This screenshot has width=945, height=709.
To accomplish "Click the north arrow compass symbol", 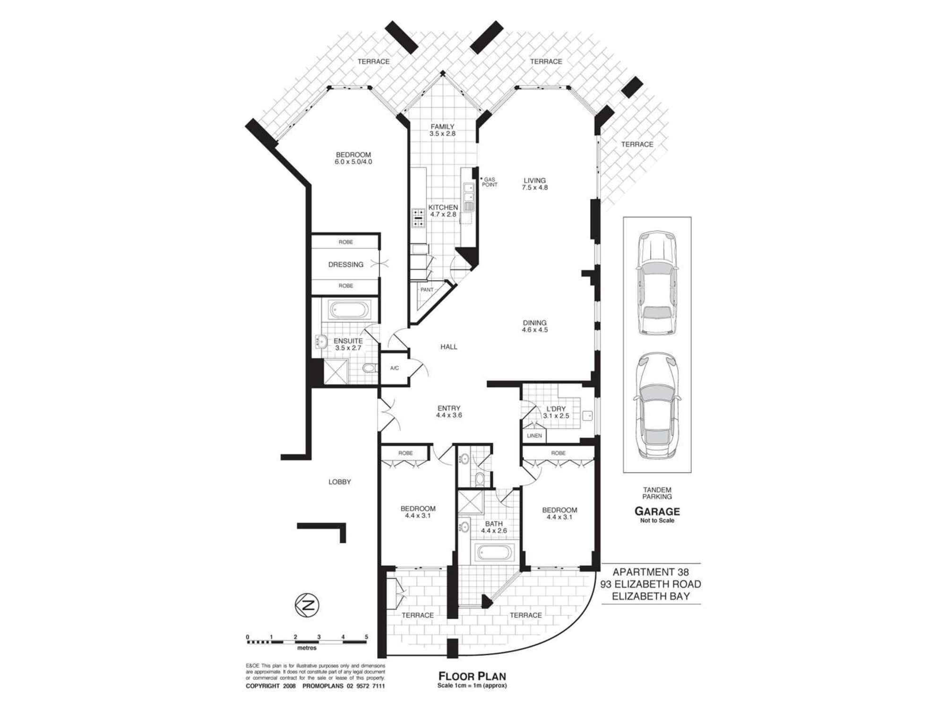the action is pos(307,605).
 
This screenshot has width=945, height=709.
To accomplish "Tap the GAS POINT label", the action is pos(490,182).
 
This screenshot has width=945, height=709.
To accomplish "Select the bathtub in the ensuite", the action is pos(350,311).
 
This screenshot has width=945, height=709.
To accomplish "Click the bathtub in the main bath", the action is pos(494,552).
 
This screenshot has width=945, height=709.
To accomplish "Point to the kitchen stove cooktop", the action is pos(419,218).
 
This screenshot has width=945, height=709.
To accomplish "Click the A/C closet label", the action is pos(395,368).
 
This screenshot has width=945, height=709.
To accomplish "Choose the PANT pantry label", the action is pos(427,290).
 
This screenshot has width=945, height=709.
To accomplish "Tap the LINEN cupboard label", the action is pos(534,436).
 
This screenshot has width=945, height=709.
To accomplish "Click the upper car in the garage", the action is pos(657,283).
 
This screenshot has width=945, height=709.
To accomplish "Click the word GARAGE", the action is pos(657,511).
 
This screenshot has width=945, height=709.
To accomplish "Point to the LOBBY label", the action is pos(340,482).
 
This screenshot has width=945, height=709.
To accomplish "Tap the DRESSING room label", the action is pos(346,265).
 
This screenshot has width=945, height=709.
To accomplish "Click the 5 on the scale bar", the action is pos(367,637).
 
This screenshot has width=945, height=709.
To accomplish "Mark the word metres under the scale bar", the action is pos(307,648).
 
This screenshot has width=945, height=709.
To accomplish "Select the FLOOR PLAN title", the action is pos(472,676).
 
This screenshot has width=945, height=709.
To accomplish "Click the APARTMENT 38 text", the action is pos(651,572).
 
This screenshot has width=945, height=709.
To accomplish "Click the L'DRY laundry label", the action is pos(556,409).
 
